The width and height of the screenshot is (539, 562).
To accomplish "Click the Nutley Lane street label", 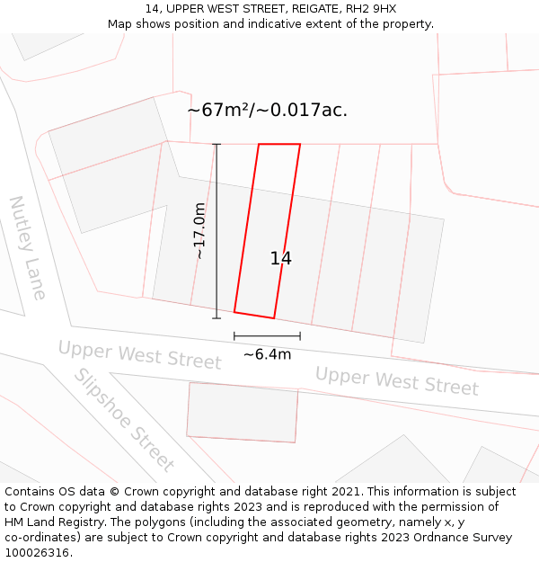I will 28,247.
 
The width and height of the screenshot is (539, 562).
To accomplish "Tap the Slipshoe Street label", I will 123,420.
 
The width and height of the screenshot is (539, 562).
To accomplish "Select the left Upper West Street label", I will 139,354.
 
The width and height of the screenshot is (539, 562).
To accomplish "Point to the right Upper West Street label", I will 396,380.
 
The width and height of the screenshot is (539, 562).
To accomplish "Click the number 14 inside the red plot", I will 280,259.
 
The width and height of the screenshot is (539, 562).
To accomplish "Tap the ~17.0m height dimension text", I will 199,231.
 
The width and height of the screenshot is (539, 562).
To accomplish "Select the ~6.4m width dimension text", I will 267,354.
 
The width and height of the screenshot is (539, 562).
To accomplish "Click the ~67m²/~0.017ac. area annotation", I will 267,111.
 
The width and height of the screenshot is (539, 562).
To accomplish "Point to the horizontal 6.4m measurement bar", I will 267,336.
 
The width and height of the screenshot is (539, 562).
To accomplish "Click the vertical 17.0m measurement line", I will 216,270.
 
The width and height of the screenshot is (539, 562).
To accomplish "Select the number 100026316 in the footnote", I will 36,553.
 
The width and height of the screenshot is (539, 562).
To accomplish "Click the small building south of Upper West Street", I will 242,412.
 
